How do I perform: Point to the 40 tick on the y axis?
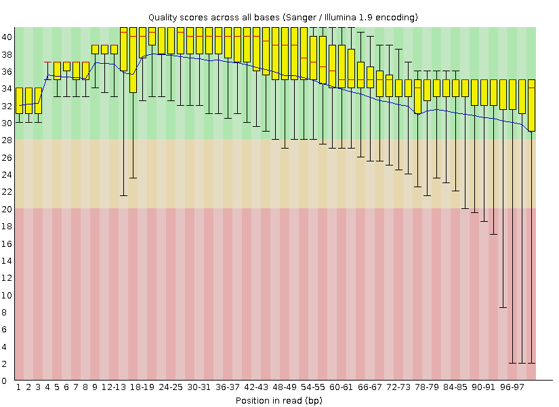click(5, 36)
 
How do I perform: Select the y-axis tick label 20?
click(5, 209)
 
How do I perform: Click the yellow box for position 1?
click(20, 100)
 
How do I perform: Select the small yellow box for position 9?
click(96, 50)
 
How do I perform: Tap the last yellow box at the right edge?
click(531, 105)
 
